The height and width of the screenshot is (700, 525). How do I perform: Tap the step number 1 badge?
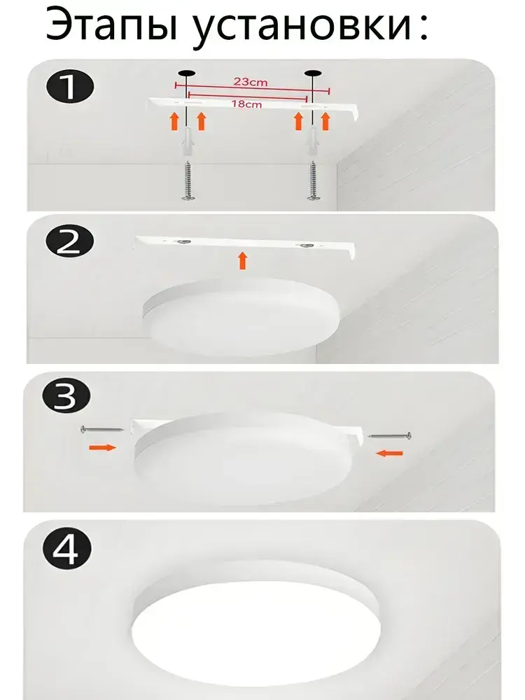[x=70, y=87]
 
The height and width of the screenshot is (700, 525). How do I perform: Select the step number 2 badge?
[x=69, y=244]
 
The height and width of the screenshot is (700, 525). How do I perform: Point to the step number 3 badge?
[x=66, y=396]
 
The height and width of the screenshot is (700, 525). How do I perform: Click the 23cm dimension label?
[x=251, y=82]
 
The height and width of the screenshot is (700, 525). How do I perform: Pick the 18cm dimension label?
[x=246, y=104]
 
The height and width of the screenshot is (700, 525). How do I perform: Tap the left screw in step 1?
[x=188, y=181]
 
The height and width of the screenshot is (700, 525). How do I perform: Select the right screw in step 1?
[x=312, y=181]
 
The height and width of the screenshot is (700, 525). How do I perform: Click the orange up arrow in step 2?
[x=242, y=261]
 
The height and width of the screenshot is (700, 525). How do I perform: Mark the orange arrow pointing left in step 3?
[x=389, y=453]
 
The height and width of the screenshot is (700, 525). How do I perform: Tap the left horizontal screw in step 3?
[x=102, y=430]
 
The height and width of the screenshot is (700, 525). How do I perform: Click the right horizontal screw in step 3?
[x=389, y=435]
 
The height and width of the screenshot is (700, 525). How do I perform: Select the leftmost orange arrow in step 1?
[x=175, y=121]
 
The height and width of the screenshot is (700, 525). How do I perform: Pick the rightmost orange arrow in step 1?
[x=325, y=121]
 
